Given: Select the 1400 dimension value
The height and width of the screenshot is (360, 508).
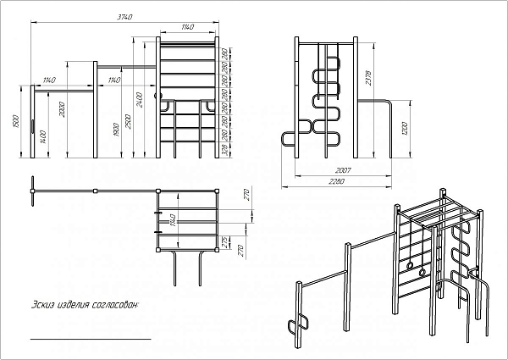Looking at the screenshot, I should [x=41, y=135].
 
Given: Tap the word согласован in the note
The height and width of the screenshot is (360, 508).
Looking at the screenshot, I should [x=112, y=303].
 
